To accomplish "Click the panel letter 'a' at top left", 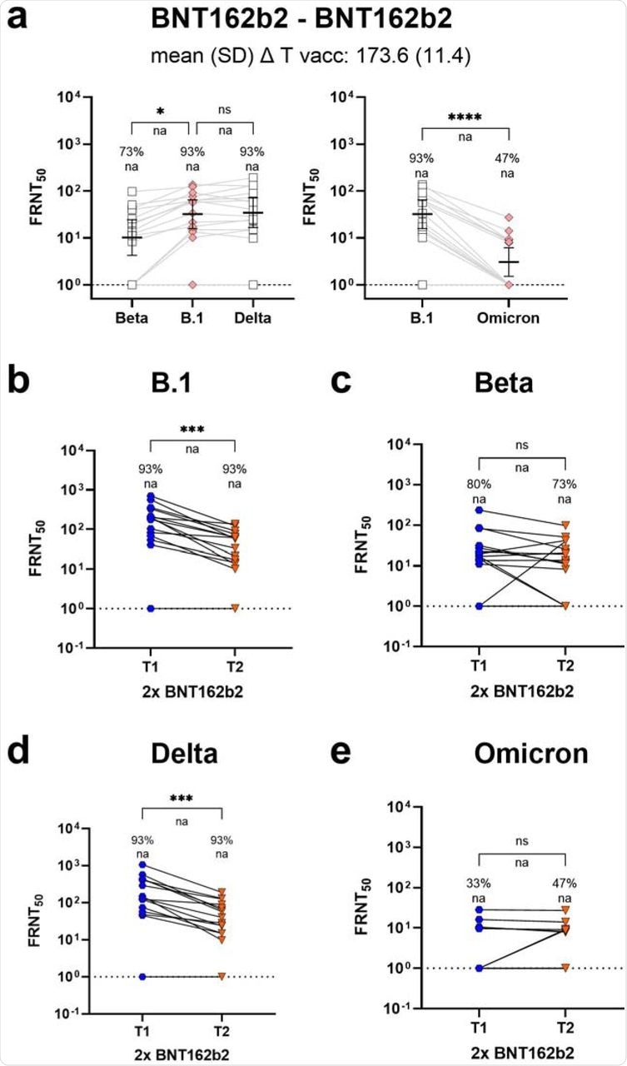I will click(x=19, y=18).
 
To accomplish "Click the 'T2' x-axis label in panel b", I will click(x=236, y=655).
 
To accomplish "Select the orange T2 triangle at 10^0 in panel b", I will click(x=236, y=608).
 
